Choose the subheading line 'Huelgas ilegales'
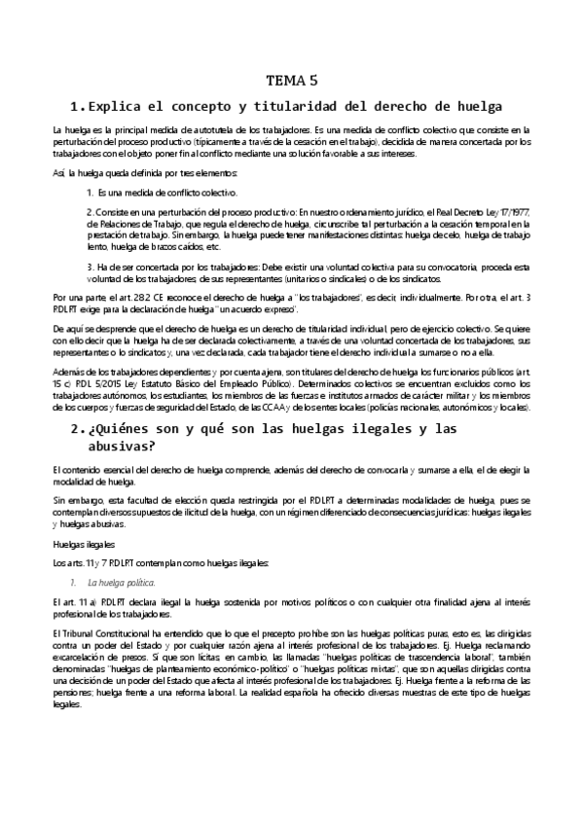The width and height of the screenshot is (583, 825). pos(83,544)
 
